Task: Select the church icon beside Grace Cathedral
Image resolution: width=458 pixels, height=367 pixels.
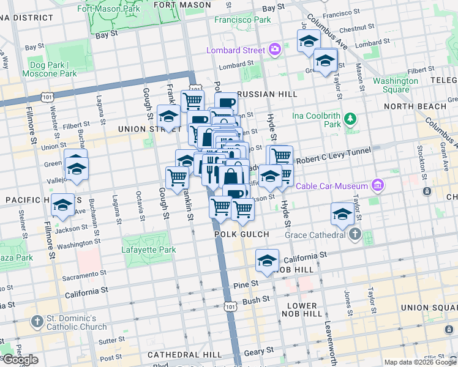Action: [x=355, y=234]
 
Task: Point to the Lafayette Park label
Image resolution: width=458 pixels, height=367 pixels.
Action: [x=149, y=250]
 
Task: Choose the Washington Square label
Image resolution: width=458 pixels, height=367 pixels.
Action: [x=396, y=85]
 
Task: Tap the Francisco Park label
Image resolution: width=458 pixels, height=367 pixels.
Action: [x=242, y=20]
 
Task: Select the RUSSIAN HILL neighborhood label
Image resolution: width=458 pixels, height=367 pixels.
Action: [x=266, y=94]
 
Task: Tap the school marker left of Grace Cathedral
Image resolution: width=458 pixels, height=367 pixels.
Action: [x=342, y=213]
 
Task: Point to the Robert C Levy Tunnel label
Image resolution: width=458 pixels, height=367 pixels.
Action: [x=331, y=159]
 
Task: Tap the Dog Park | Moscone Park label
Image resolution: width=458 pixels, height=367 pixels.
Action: [x=50, y=69]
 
